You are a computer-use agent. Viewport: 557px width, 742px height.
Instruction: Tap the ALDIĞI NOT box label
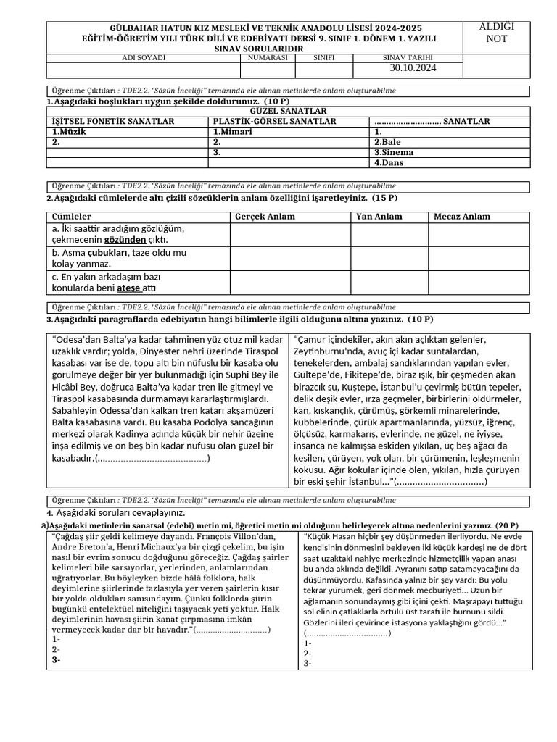[x=497, y=33]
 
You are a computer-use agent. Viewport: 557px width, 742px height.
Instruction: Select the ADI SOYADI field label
[x=144, y=57]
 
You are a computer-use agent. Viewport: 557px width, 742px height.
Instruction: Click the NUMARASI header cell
[x=268, y=57]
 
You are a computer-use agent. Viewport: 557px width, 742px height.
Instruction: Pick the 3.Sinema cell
[x=394, y=153]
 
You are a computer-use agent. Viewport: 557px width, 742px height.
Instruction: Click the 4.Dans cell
[x=389, y=163]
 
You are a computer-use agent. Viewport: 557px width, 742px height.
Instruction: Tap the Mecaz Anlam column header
[x=462, y=217]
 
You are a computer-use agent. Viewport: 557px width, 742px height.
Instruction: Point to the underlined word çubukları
[x=108, y=252]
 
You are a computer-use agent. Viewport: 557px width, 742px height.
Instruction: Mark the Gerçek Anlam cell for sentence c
[x=290, y=282]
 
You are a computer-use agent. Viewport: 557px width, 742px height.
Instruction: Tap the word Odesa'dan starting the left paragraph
[x=80, y=339]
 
